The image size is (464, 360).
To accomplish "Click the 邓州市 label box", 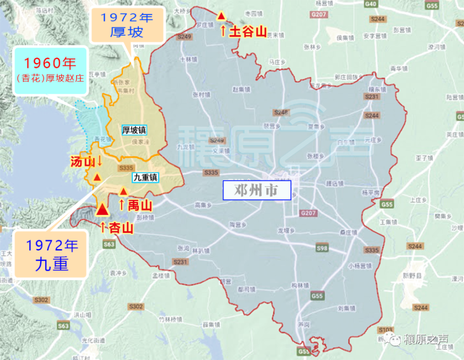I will click(x=257, y=190).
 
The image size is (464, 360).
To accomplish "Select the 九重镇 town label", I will click(x=146, y=177).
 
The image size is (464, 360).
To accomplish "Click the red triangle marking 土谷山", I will click(x=222, y=16).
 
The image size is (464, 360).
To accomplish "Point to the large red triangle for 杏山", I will click(x=102, y=210).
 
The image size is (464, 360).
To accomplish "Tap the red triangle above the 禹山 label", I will click(x=123, y=191).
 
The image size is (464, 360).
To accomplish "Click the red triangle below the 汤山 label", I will click(x=97, y=177).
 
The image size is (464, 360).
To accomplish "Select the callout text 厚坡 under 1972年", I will click(x=127, y=32).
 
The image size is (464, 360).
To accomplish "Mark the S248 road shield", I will click(x=281, y=113).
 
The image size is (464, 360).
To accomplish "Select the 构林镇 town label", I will click(x=300, y=285).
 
